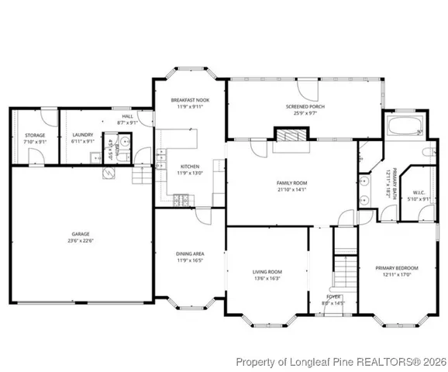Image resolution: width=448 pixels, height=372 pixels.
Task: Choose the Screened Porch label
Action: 303,107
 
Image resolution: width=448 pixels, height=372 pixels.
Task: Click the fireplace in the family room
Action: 292,135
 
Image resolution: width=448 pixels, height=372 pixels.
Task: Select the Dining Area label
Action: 189,254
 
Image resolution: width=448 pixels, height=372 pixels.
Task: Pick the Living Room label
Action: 267,272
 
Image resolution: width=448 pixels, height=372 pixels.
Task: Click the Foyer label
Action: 333,296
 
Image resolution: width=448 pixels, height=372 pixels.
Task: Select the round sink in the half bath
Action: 124,144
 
